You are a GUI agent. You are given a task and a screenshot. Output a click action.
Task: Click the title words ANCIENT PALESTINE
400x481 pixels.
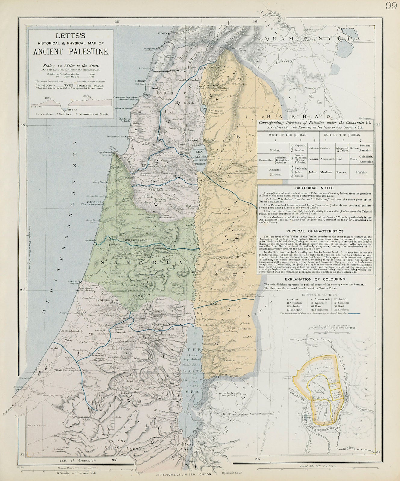[71, 51]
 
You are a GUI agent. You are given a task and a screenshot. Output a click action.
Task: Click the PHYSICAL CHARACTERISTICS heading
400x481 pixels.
[315, 231]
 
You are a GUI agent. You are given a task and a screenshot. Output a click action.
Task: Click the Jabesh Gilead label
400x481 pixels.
[219, 213]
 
